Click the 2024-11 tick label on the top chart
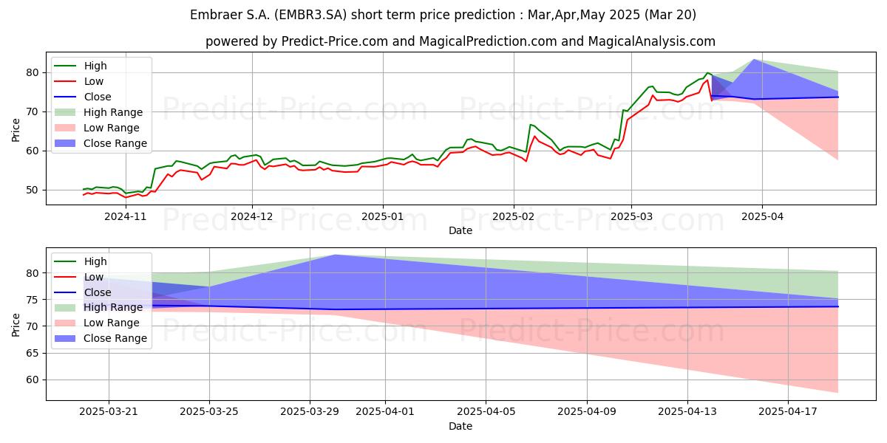click(126, 217)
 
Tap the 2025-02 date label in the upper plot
click(514, 217)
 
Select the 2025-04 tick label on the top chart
click(762, 217)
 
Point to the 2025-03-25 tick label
click(209, 412)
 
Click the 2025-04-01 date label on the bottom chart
click(385, 412)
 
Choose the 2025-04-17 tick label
click(788, 412)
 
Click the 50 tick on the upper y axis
click(33, 190)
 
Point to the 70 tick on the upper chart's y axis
click(33, 112)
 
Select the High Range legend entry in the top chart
click(98, 112)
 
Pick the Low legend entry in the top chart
click(78, 81)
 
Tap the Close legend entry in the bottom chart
click(82, 292)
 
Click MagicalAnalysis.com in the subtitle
click(652, 41)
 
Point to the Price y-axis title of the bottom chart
click(16, 325)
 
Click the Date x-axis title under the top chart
click(461, 230)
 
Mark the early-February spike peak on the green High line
click(530, 125)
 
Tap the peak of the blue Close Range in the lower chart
click(335, 255)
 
